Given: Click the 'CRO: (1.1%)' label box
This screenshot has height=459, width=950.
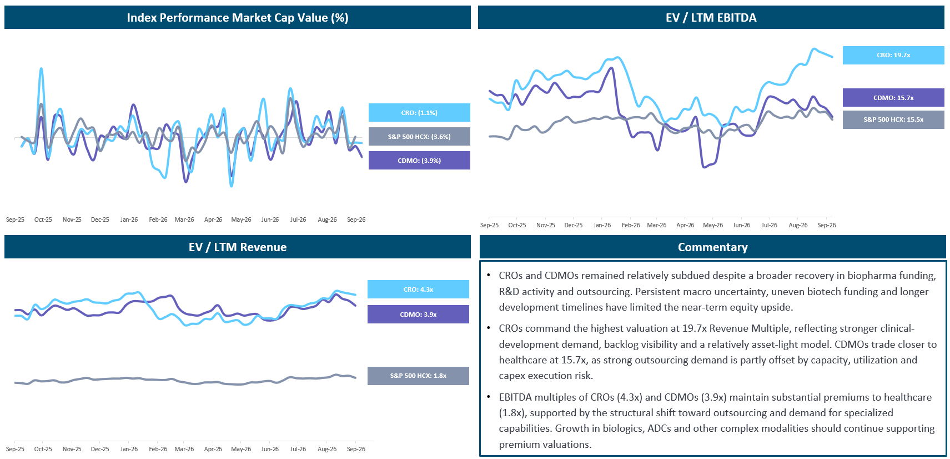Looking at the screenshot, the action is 419,112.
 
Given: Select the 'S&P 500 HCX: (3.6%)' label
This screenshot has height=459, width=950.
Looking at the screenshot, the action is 419,136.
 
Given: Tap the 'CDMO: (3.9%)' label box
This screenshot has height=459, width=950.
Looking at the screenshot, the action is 419,161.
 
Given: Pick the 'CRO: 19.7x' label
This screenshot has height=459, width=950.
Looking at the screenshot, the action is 893,55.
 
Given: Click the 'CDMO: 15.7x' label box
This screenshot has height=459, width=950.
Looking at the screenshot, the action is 893,98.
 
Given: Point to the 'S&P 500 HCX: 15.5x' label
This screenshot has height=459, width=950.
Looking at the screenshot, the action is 893,119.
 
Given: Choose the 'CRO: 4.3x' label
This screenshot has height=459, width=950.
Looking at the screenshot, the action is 418,289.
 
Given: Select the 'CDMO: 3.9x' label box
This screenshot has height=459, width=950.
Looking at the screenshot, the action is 418,314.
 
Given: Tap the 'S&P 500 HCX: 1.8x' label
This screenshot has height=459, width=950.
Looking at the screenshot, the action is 418,376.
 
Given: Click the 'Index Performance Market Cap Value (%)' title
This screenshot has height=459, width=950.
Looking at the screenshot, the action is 238,18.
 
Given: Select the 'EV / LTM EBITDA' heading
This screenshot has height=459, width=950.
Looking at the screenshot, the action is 711,18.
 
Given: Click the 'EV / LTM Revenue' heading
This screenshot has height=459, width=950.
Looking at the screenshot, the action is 238,247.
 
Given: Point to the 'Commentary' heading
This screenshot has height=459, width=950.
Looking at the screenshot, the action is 712,247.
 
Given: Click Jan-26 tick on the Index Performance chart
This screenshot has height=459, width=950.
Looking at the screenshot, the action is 129,219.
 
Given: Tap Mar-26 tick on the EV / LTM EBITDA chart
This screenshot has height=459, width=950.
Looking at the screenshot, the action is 656,225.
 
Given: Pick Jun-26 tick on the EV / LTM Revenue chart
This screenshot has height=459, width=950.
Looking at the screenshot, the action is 270,449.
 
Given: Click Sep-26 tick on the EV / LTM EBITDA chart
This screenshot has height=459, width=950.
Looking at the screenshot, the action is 827,225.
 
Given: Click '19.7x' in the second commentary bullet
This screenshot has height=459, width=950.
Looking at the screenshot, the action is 694,328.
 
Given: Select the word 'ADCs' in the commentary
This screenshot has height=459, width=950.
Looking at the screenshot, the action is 659,428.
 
